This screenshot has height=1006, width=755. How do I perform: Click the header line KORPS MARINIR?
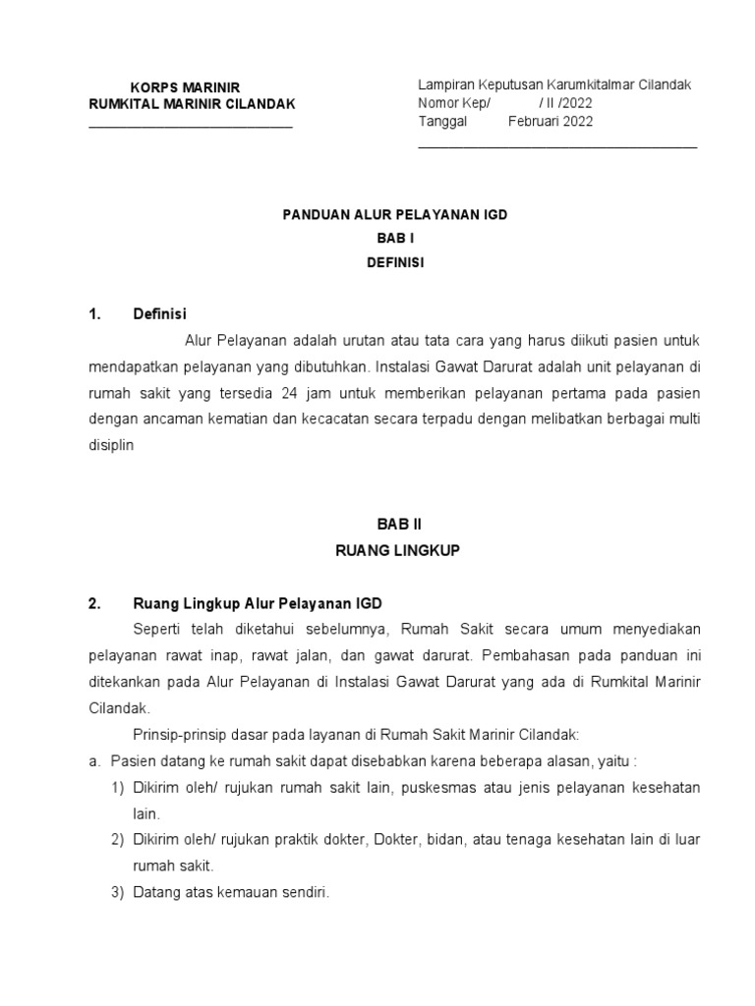coord(185,87)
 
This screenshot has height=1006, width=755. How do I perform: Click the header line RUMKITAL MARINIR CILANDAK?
coord(191,104)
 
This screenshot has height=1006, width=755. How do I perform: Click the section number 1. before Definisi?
coord(95,314)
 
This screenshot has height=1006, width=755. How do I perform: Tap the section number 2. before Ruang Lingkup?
coord(95,603)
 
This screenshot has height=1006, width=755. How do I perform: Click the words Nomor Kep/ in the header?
coord(453,103)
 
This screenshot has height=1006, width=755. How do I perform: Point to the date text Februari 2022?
coord(551,121)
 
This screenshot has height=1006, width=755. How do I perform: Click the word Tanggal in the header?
coord(443,121)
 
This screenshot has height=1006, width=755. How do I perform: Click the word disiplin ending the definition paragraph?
coord(110,443)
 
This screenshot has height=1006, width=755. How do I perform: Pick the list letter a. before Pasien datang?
coord(95,761)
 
